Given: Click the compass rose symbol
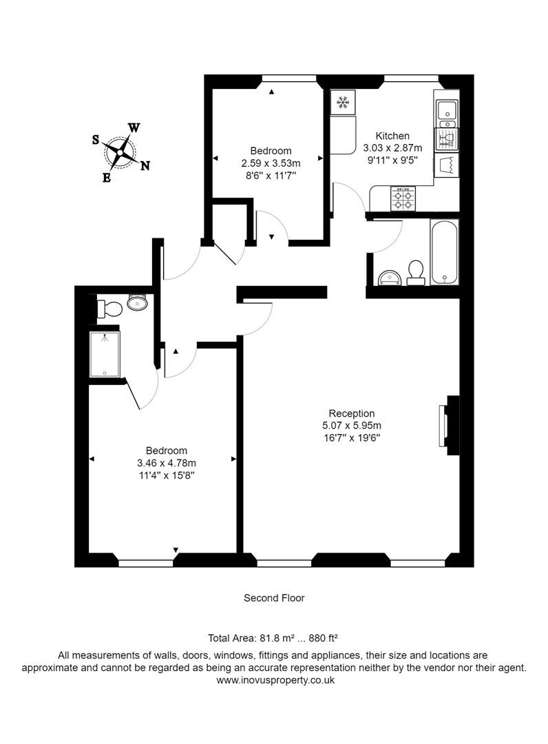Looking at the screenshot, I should [121, 152].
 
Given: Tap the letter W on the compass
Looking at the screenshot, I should [135, 127].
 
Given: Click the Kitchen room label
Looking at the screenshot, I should [392, 136].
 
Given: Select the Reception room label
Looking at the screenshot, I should [351, 413].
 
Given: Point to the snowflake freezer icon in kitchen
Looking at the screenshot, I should [342, 103].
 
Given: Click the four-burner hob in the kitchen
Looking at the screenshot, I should [403, 199].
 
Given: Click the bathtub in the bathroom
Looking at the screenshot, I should [444, 252].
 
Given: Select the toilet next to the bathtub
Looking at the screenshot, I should [416, 272].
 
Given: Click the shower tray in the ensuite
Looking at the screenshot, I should [105, 354].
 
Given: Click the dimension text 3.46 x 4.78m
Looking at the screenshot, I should [167, 463].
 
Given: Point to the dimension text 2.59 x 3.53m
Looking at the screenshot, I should [271, 163].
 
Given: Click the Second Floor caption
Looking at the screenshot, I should [274, 598].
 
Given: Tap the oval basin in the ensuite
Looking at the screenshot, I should [138, 302].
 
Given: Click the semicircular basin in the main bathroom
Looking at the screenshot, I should [390, 277].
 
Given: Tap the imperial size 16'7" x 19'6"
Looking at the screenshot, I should [351, 437].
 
